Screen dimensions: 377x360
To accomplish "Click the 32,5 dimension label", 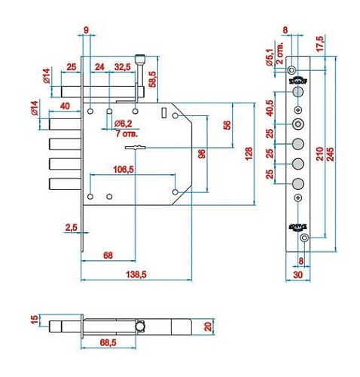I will tap(122, 68).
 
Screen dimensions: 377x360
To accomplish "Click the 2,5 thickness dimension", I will tap(71, 226).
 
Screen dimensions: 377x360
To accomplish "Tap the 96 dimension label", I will tap(202, 154).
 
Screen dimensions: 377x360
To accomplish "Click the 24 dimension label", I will tap(99, 68).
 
